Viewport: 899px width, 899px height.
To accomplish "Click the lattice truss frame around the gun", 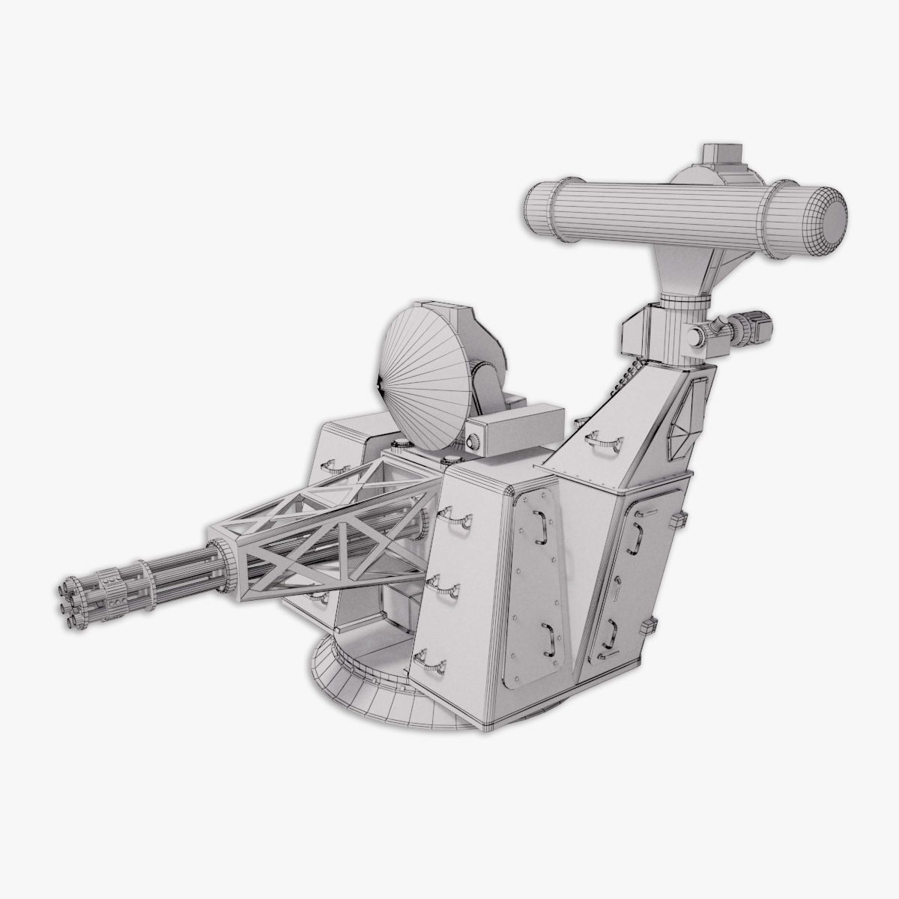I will pyautogui.click(x=330, y=532).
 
